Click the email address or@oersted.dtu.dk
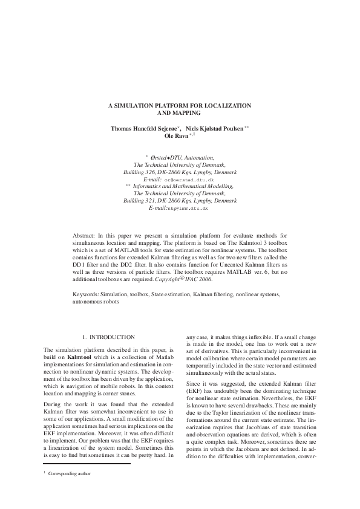[x=189, y=180]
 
